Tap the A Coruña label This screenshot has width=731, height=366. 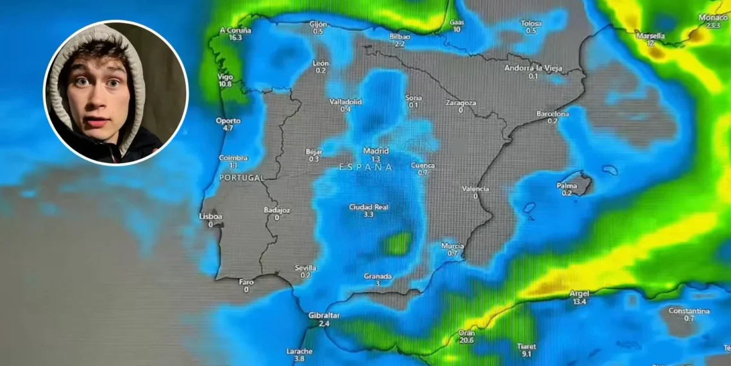235,30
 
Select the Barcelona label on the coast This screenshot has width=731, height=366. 552,114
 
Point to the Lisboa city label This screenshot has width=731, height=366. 210,217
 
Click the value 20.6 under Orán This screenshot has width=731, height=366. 466,340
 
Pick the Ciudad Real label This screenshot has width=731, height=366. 369,207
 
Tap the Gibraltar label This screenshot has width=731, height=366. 324,315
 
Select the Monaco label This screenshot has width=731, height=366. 713,17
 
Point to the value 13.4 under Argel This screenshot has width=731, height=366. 579,301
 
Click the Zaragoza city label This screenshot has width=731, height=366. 460,102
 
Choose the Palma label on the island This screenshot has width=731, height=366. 566,186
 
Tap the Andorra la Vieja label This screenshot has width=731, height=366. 533,68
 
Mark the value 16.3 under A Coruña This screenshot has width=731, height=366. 235,38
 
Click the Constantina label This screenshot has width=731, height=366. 689,311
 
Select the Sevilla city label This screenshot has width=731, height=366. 305,268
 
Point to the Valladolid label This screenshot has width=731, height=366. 346,101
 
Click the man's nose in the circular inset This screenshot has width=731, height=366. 97,98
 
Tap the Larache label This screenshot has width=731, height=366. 299,351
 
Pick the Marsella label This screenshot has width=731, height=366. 650,36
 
